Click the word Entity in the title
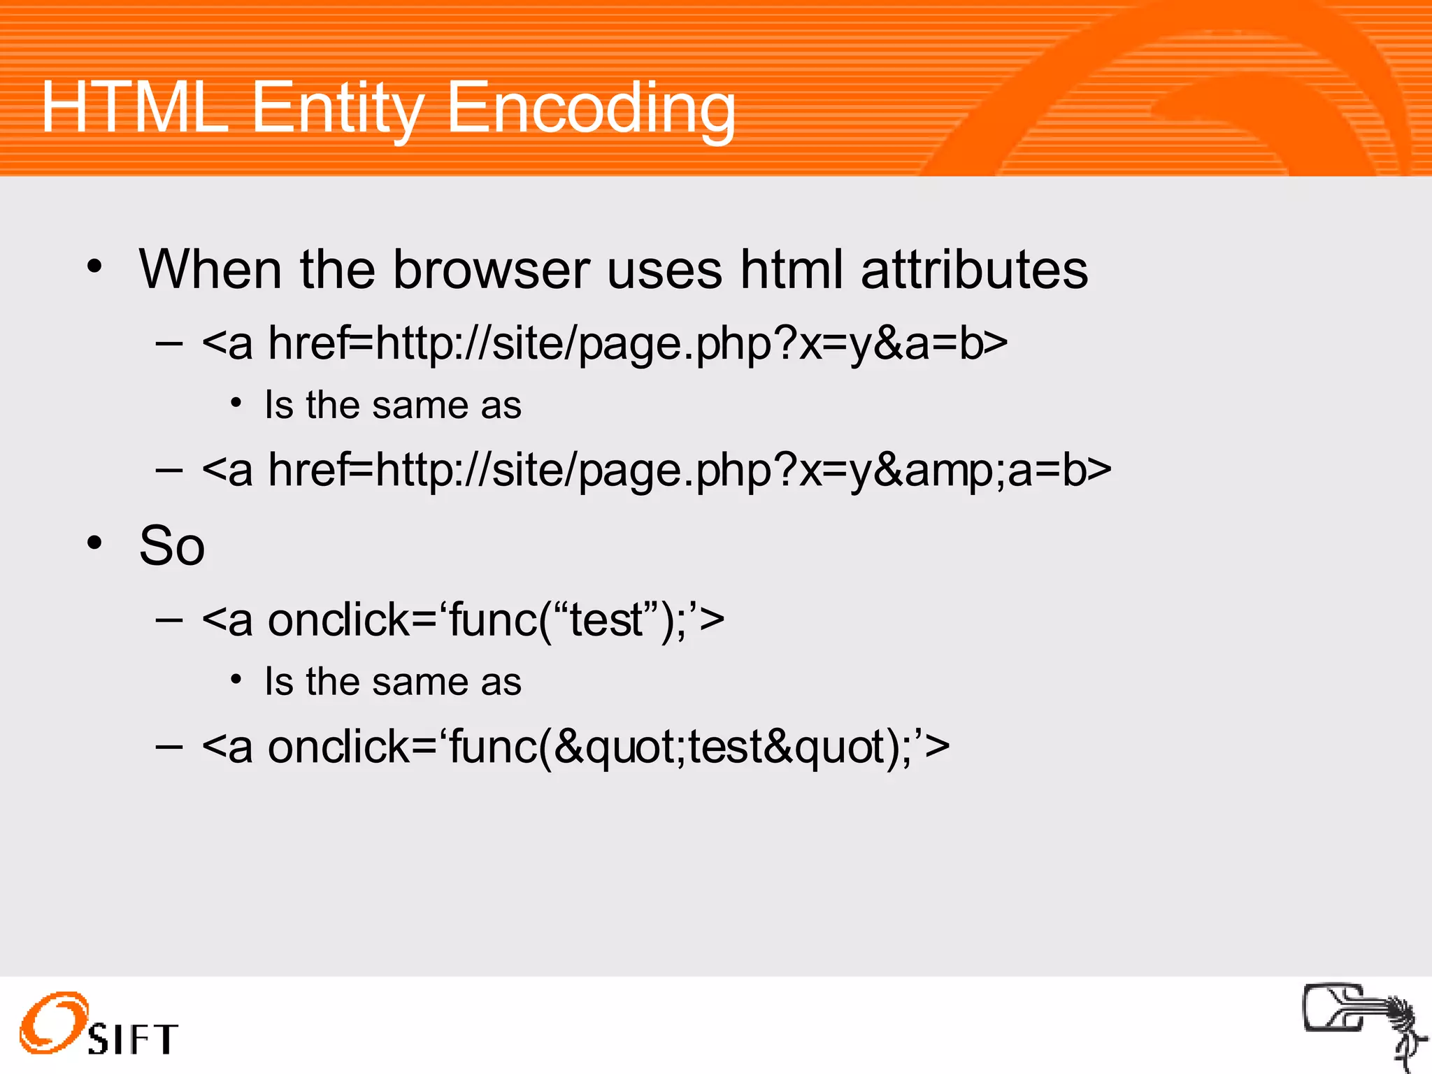coord(337,108)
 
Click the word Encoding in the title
coord(591,108)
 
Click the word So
coord(172,545)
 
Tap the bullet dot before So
coord(95,543)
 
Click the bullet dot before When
coord(95,266)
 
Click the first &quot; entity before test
coord(620,747)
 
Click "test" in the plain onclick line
coord(606,620)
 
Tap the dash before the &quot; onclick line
coord(169,747)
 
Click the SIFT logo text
coord(133,1039)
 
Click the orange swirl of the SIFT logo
coord(53,1022)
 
